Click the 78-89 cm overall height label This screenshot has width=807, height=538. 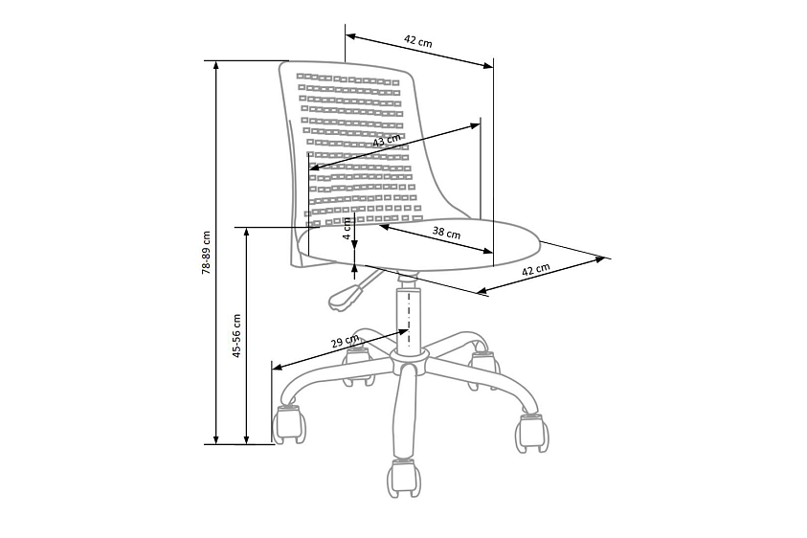coord(207,252)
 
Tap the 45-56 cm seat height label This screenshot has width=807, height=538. coord(236,336)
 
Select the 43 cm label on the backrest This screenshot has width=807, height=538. coord(387,140)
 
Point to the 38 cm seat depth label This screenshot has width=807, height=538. coord(446,233)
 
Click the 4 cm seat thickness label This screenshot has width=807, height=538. coord(347,228)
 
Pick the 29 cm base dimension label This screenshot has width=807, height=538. coord(345,342)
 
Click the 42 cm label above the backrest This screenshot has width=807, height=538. coord(418,41)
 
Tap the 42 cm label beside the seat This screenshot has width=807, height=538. coord(536,269)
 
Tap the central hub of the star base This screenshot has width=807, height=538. coord(409,357)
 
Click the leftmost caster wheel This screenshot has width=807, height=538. coord(288,424)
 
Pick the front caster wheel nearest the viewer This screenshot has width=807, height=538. coord(404,478)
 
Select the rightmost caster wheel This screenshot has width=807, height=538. coord(532,433)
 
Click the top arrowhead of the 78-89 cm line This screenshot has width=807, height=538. coord(216,65)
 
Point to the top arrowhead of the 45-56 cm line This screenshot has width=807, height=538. coord(247,232)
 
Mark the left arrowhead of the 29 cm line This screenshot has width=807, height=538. coord(278,367)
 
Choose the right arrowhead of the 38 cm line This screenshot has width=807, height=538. coord(487,251)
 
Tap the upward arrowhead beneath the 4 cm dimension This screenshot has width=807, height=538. coord(354,268)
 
